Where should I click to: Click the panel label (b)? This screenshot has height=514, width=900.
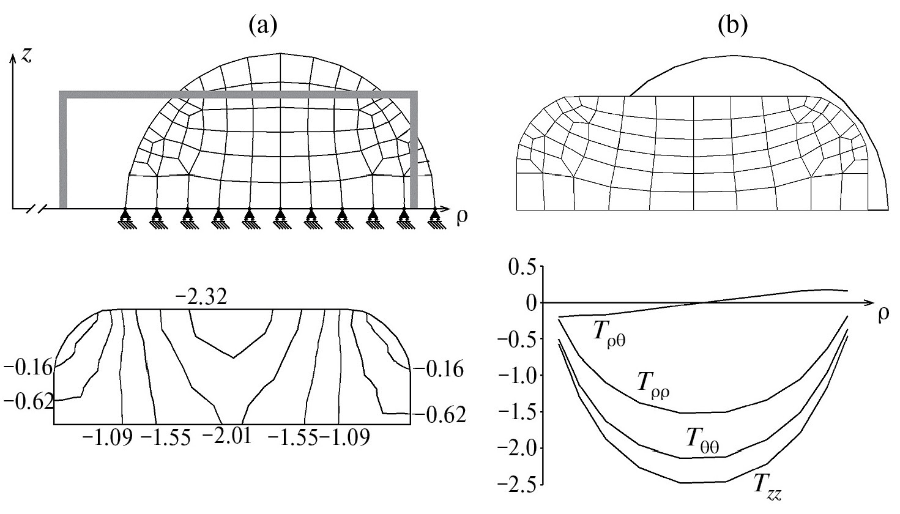coord(733,26)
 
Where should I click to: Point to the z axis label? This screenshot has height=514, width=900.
coord(26,56)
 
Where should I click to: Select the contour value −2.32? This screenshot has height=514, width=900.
coord(202,298)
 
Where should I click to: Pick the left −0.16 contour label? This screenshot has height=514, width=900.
coord(28,368)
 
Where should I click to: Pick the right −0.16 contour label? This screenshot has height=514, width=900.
coord(438,370)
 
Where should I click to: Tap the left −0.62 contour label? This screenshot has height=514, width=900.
coord(28,401)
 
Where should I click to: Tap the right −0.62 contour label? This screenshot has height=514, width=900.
coord(441,415)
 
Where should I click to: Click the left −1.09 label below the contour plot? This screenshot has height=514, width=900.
coord(107,437)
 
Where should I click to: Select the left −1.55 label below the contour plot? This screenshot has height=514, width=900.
coord(165,437)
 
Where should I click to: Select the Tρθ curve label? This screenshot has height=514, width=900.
coord(609,337)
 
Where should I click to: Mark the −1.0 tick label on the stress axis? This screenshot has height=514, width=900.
coord(516,375)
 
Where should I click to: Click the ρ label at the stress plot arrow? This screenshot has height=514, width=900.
coord(883,316)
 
